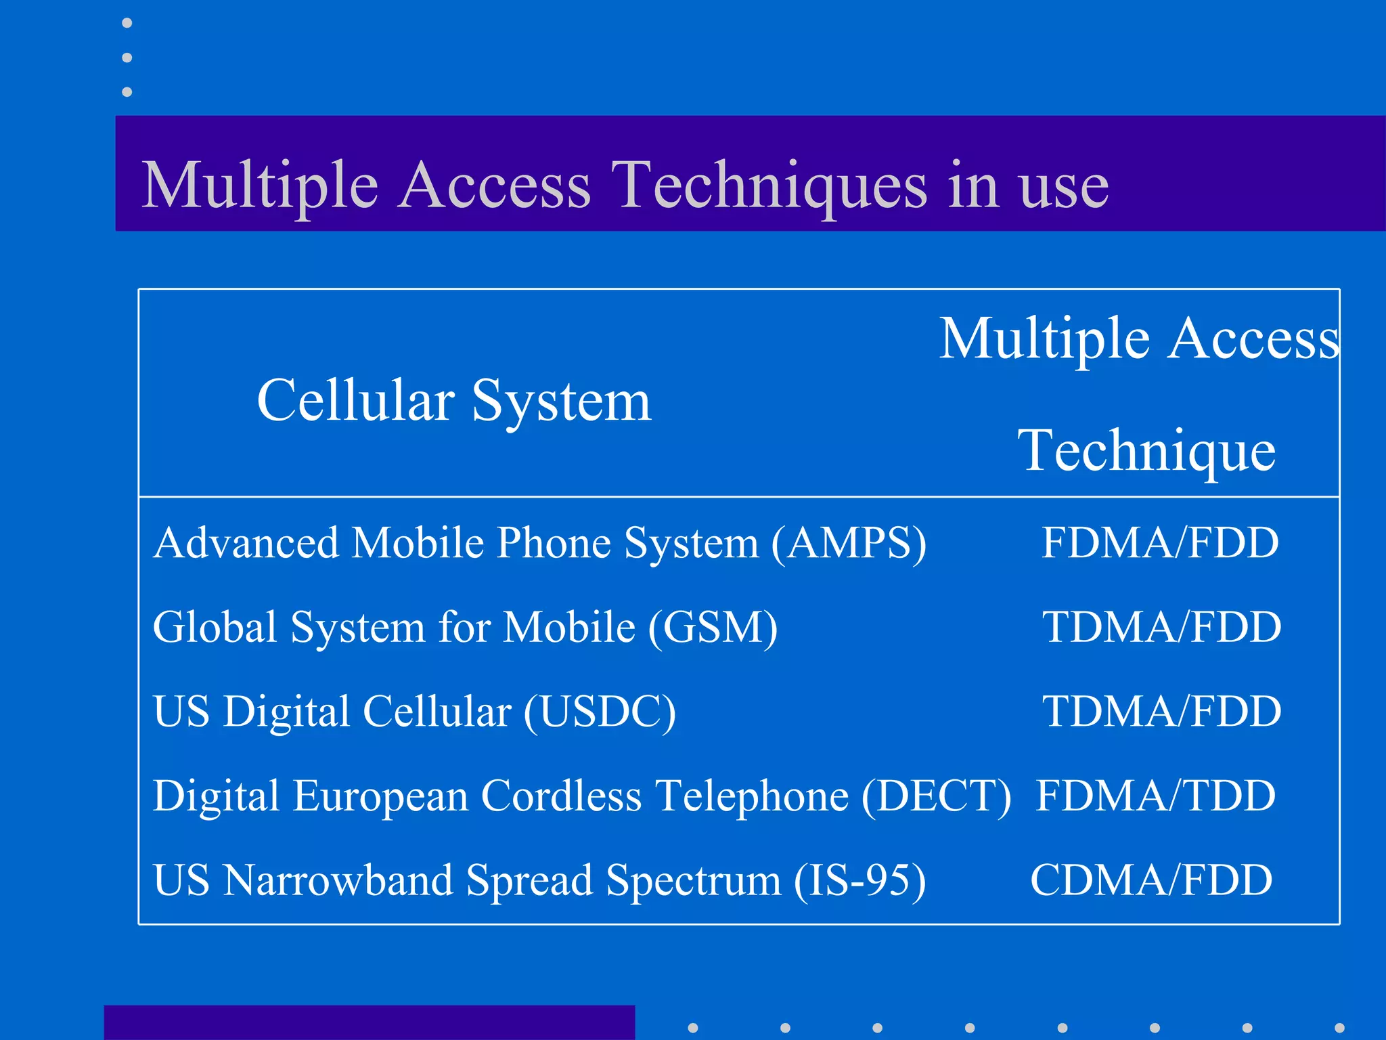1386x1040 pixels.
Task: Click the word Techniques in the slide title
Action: [769, 186]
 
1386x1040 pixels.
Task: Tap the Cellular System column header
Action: [453, 401]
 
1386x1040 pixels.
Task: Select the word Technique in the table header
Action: [1146, 450]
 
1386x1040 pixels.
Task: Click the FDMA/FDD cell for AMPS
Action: [1160, 543]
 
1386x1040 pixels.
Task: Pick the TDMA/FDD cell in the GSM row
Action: [1161, 627]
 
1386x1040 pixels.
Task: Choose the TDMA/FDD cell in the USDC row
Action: [1161, 712]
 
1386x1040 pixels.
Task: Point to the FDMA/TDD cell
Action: [1156, 796]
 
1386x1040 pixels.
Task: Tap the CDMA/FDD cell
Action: [1151, 880]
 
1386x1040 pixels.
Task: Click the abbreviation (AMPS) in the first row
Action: [849, 544]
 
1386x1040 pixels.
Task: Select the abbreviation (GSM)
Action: [713, 628]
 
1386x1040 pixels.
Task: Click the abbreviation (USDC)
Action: [600, 712]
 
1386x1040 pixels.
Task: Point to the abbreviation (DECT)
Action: [937, 796]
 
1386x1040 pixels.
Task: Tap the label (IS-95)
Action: [859, 881]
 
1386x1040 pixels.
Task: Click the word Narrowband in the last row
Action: [338, 880]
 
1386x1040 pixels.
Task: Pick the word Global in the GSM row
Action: [215, 627]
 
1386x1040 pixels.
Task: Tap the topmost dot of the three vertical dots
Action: [127, 24]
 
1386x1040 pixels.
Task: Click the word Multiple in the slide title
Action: [260, 186]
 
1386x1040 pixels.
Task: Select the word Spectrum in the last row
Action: [693, 881]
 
